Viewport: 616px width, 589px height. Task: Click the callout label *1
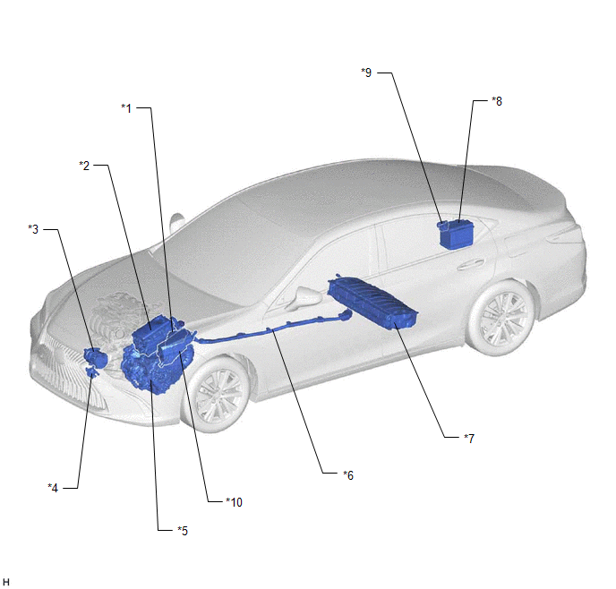(x=126, y=108)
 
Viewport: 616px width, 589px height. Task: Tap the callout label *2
(x=84, y=166)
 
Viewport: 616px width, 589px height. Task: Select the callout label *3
(x=33, y=229)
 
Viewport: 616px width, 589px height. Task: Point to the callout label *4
(x=53, y=488)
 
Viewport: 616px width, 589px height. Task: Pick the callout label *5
(x=183, y=531)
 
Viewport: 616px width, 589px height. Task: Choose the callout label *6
(x=348, y=475)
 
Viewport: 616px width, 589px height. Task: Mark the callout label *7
(x=469, y=439)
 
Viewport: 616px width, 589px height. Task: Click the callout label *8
(x=497, y=101)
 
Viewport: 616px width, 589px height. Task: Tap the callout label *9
(x=366, y=73)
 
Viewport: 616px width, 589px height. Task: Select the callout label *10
(x=235, y=502)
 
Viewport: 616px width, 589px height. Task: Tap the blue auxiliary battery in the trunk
(x=458, y=235)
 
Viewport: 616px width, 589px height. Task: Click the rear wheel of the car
(x=502, y=317)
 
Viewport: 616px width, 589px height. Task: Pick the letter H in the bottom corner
(x=6, y=582)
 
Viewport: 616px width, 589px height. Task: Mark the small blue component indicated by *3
(x=96, y=357)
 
